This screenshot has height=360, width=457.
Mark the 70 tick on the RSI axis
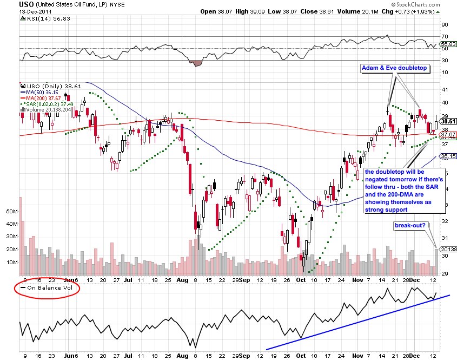coord(445,36)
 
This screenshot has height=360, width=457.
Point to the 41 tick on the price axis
coord(445,89)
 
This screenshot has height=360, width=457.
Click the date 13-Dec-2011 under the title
coord(36,11)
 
